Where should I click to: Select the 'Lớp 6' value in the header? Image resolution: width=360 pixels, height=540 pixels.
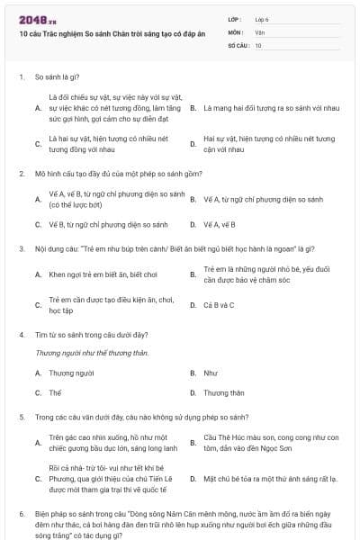pos(262,18)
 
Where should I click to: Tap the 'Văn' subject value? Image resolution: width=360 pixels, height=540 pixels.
pos(259,31)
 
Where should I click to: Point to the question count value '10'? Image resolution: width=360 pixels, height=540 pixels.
pos(258,44)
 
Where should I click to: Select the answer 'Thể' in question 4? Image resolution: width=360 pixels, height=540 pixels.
pos(55,392)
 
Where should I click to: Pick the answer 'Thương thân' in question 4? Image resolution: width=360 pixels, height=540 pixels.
pos(224,392)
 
